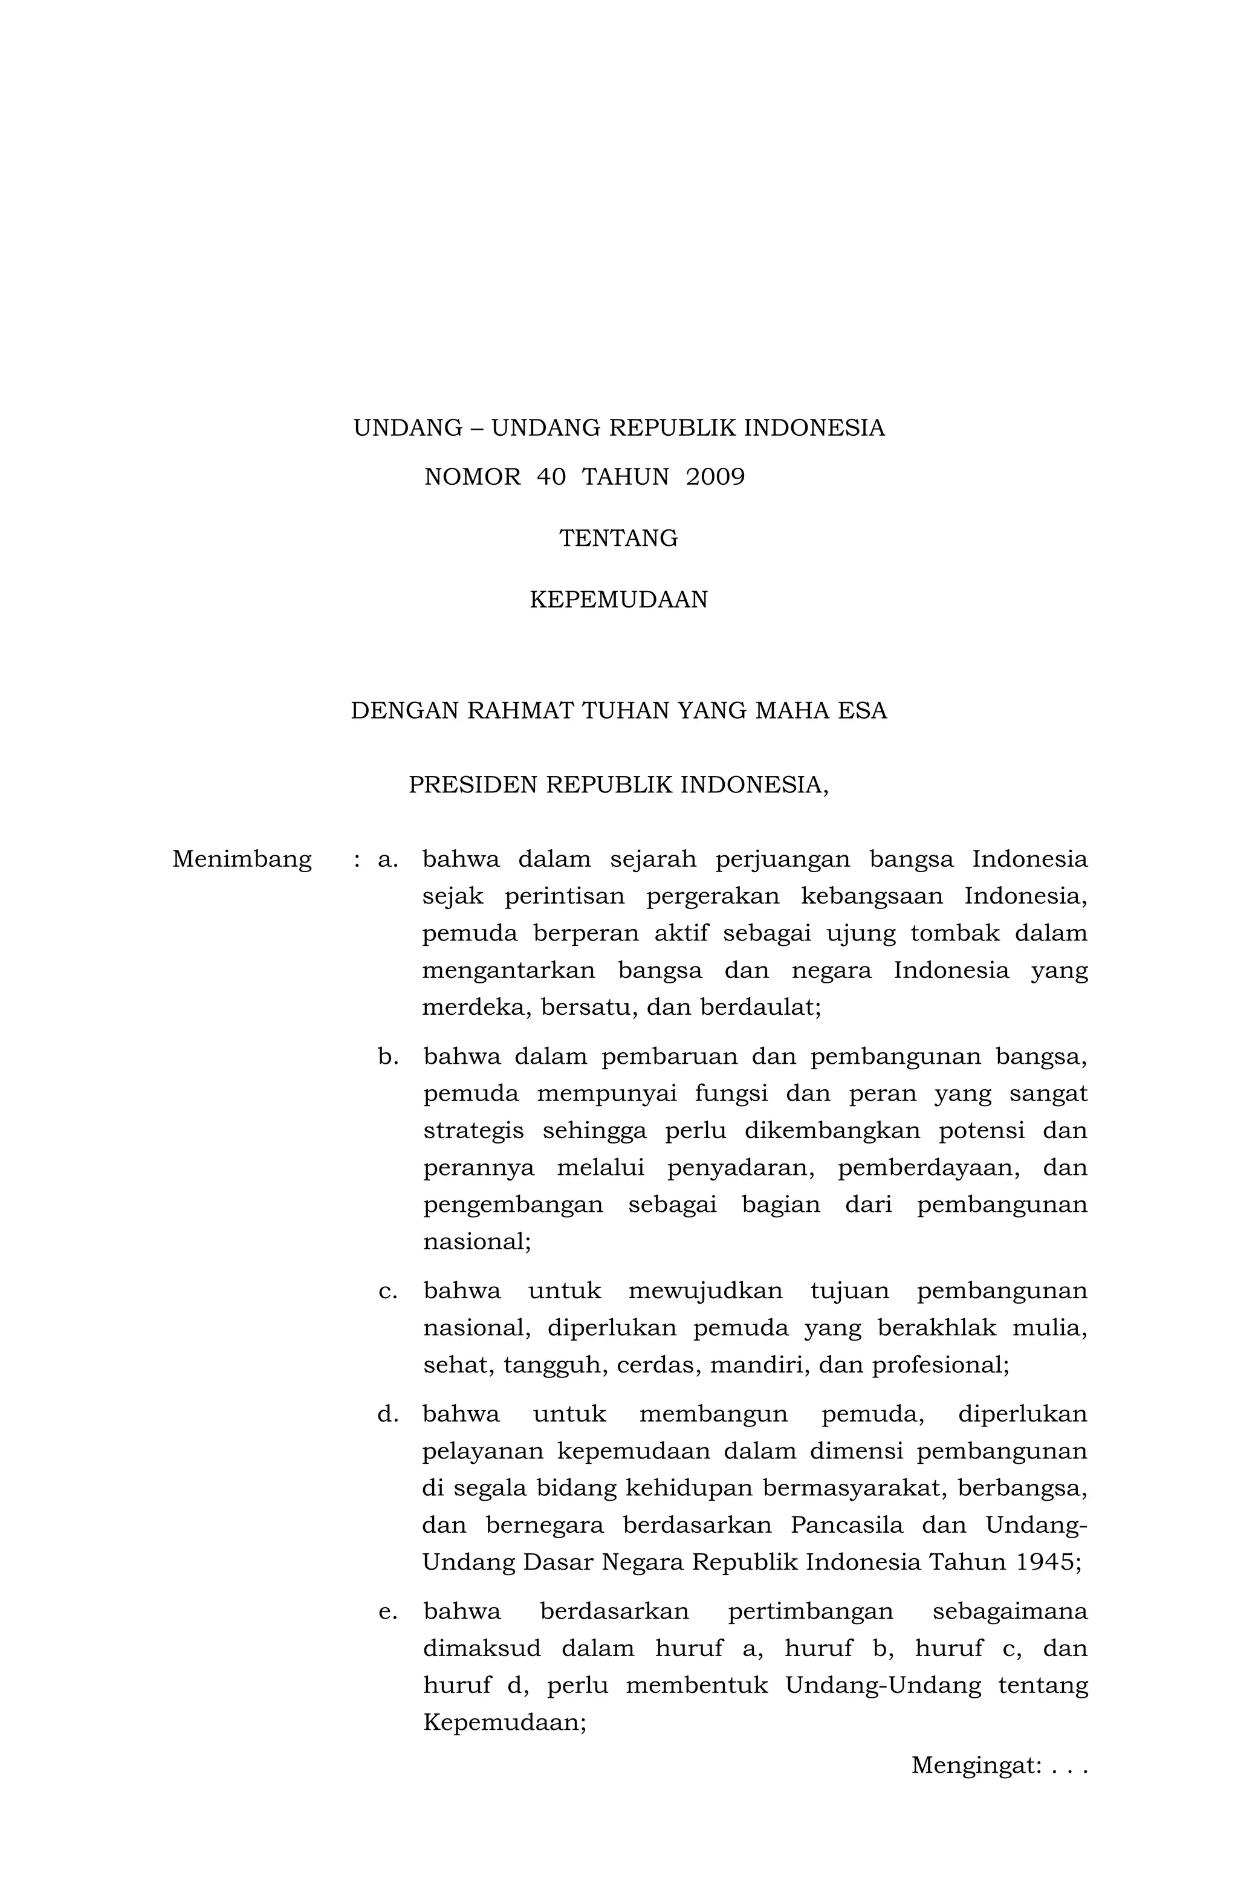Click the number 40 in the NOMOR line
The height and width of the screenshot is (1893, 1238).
[x=551, y=477]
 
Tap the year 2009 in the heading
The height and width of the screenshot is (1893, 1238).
[x=715, y=477]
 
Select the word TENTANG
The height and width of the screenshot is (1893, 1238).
[x=618, y=539]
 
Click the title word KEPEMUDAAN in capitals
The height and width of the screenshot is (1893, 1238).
[x=618, y=600]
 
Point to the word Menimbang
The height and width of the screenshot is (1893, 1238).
[x=242, y=860]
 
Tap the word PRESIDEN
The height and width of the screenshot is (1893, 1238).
[x=473, y=785]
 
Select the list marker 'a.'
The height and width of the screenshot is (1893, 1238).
[x=387, y=860]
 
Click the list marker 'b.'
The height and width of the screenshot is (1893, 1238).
[x=387, y=1057]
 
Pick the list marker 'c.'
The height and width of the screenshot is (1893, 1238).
[x=387, y=1291]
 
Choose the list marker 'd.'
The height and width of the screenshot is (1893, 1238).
[x=387, y=1414]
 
